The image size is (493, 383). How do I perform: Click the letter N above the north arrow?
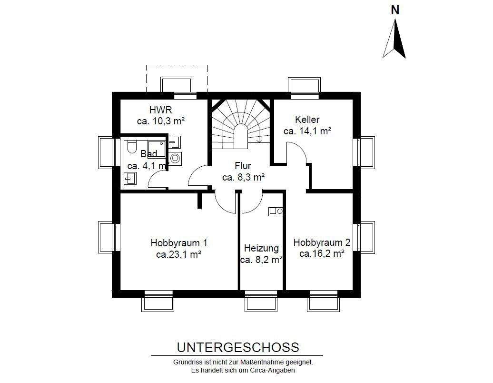394,10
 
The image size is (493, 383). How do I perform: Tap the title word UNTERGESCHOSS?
238,347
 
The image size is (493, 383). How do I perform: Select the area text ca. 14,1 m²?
307,131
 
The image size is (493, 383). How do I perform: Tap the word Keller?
307,120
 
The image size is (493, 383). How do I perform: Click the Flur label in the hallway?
243,166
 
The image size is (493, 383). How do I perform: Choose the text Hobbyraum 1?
178,242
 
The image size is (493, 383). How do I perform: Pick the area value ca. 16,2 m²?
322,253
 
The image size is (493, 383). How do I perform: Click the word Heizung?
261,248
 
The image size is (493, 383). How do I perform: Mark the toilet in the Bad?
132,146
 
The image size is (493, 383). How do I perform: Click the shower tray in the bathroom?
157,148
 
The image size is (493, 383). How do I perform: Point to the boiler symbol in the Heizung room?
276,211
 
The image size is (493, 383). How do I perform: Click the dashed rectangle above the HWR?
177,78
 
